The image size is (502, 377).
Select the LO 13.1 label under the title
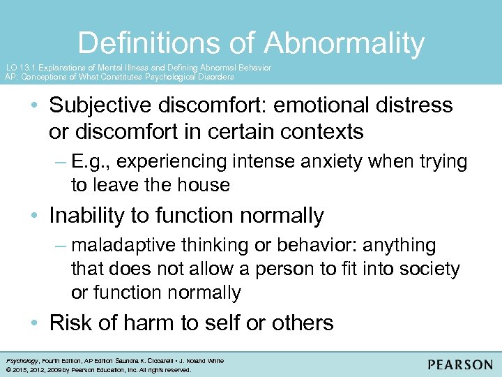[20, 68]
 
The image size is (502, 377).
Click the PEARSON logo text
[460, 364]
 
